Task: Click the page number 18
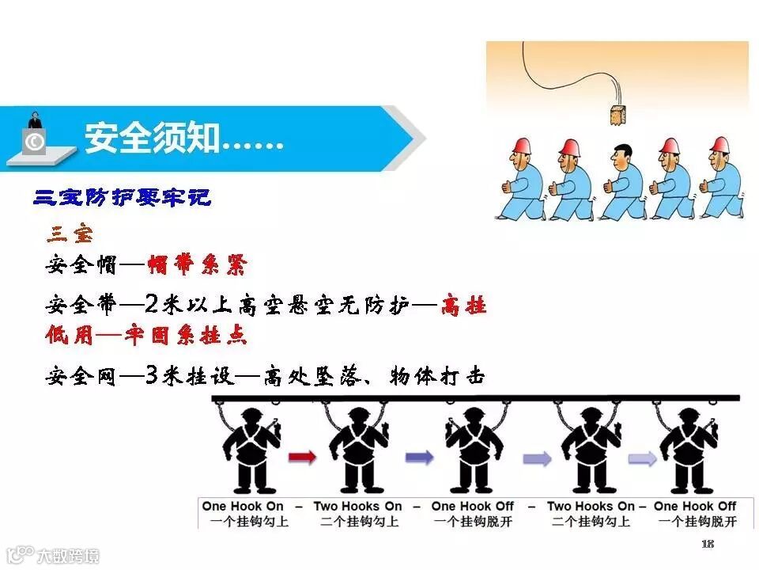coord(708,544)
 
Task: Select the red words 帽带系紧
coord(197,265)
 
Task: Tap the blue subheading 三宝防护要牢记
coord(123,197)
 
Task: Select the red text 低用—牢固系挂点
coord(146,334)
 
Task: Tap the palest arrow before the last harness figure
coord(640,457)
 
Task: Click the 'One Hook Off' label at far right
coord(695,507)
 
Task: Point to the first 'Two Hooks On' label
coord(357,507)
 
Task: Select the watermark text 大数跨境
coord(70,556)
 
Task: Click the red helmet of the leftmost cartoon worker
coord(521,144)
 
